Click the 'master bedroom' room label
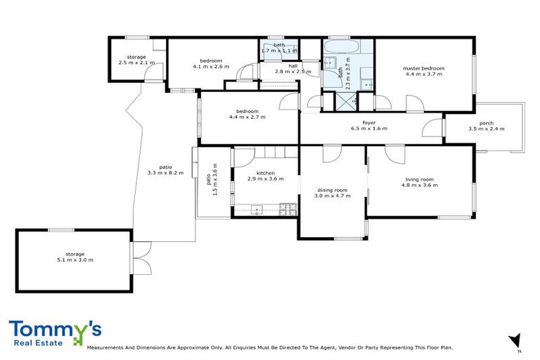(x=423, y=68)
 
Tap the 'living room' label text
(x=420, y=179)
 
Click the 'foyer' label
(x=369, y=122)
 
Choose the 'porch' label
(x=486, y=122)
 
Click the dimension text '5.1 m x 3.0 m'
(x=75, y=259)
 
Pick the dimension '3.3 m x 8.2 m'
(x=166, y=172)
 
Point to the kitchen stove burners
(x=287, y=208)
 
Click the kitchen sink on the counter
(x=257, y=208)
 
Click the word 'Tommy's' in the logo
(x=55, y=330)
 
